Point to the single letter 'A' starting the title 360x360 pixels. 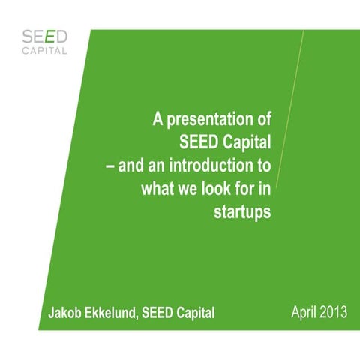pyautogui.click(x=158, y=118)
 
